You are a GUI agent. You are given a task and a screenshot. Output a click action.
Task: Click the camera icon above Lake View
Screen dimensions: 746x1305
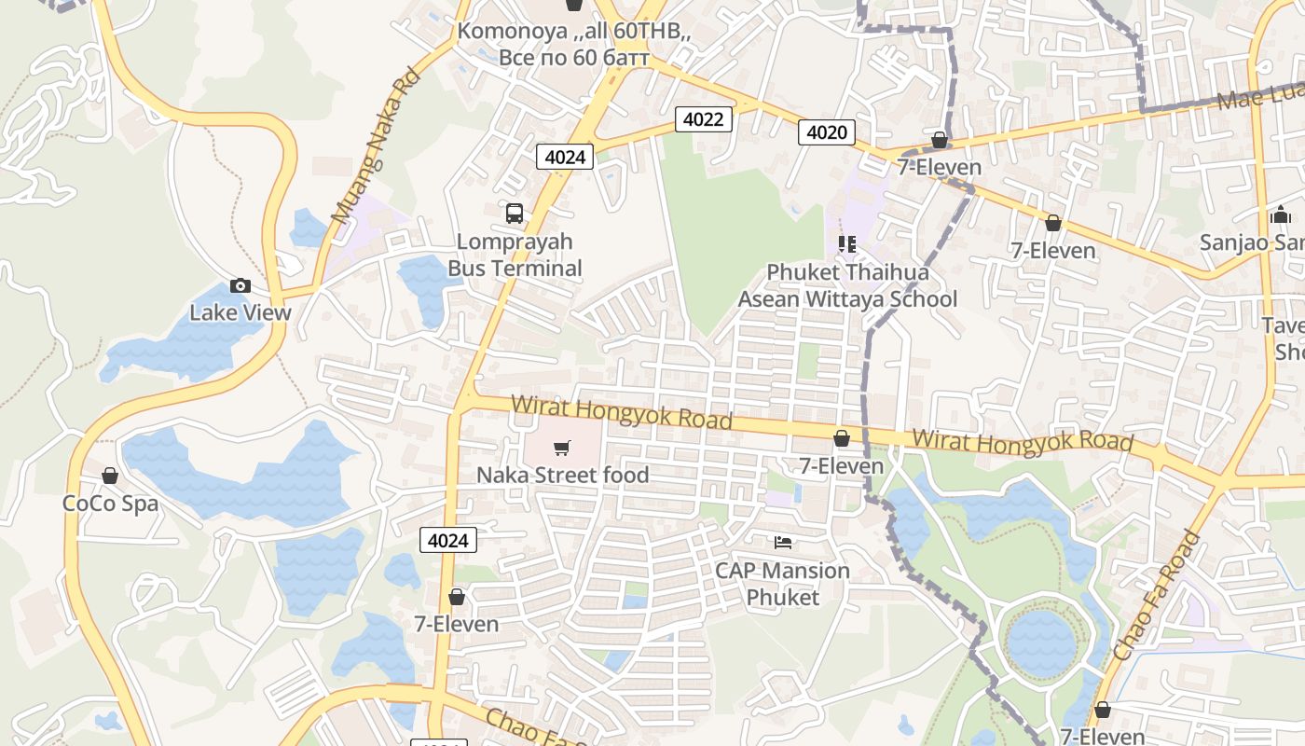click(240, 286)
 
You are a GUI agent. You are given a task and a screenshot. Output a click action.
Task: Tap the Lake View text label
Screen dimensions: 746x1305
click(240, 312)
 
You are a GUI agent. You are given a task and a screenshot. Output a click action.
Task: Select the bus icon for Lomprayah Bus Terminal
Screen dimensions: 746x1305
click(515, 214)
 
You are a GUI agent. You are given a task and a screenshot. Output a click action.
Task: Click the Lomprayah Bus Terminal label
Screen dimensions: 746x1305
click(515, 255)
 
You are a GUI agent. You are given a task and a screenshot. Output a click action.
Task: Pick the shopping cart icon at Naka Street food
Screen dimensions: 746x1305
click(561, 449)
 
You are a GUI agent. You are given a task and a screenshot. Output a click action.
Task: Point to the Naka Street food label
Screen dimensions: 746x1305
click(562, 475)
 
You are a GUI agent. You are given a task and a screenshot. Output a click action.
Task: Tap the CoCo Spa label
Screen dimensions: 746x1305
click(110, 504)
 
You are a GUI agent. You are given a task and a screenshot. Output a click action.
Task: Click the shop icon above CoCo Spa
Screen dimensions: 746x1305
click(110, 477)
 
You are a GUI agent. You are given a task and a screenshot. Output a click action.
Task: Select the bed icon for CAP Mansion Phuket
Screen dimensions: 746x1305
click(783, 542)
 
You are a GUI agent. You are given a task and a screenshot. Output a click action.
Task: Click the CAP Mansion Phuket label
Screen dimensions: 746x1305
click(783, 583)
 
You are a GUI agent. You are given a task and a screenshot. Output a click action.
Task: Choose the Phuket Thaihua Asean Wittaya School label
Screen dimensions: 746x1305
click(847, 285)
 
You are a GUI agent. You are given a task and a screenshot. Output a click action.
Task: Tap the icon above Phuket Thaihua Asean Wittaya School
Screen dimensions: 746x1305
click(847, 244)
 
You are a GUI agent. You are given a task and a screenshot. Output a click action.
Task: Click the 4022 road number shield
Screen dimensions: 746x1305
click(704, 118)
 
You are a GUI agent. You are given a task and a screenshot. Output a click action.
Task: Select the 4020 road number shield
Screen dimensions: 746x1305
click(827, 132)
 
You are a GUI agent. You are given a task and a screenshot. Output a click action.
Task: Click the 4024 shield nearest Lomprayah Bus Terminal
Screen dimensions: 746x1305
click(565, 157)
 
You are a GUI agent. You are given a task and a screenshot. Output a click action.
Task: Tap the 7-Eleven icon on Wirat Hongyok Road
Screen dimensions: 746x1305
click(842, 438)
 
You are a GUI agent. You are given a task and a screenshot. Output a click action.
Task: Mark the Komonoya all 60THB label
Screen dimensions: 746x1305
click(574, 44)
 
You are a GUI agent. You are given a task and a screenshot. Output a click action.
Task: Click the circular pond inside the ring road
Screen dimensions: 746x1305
click(1041, 642)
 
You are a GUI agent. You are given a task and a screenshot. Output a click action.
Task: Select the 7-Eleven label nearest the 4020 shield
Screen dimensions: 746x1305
click(939, 167)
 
